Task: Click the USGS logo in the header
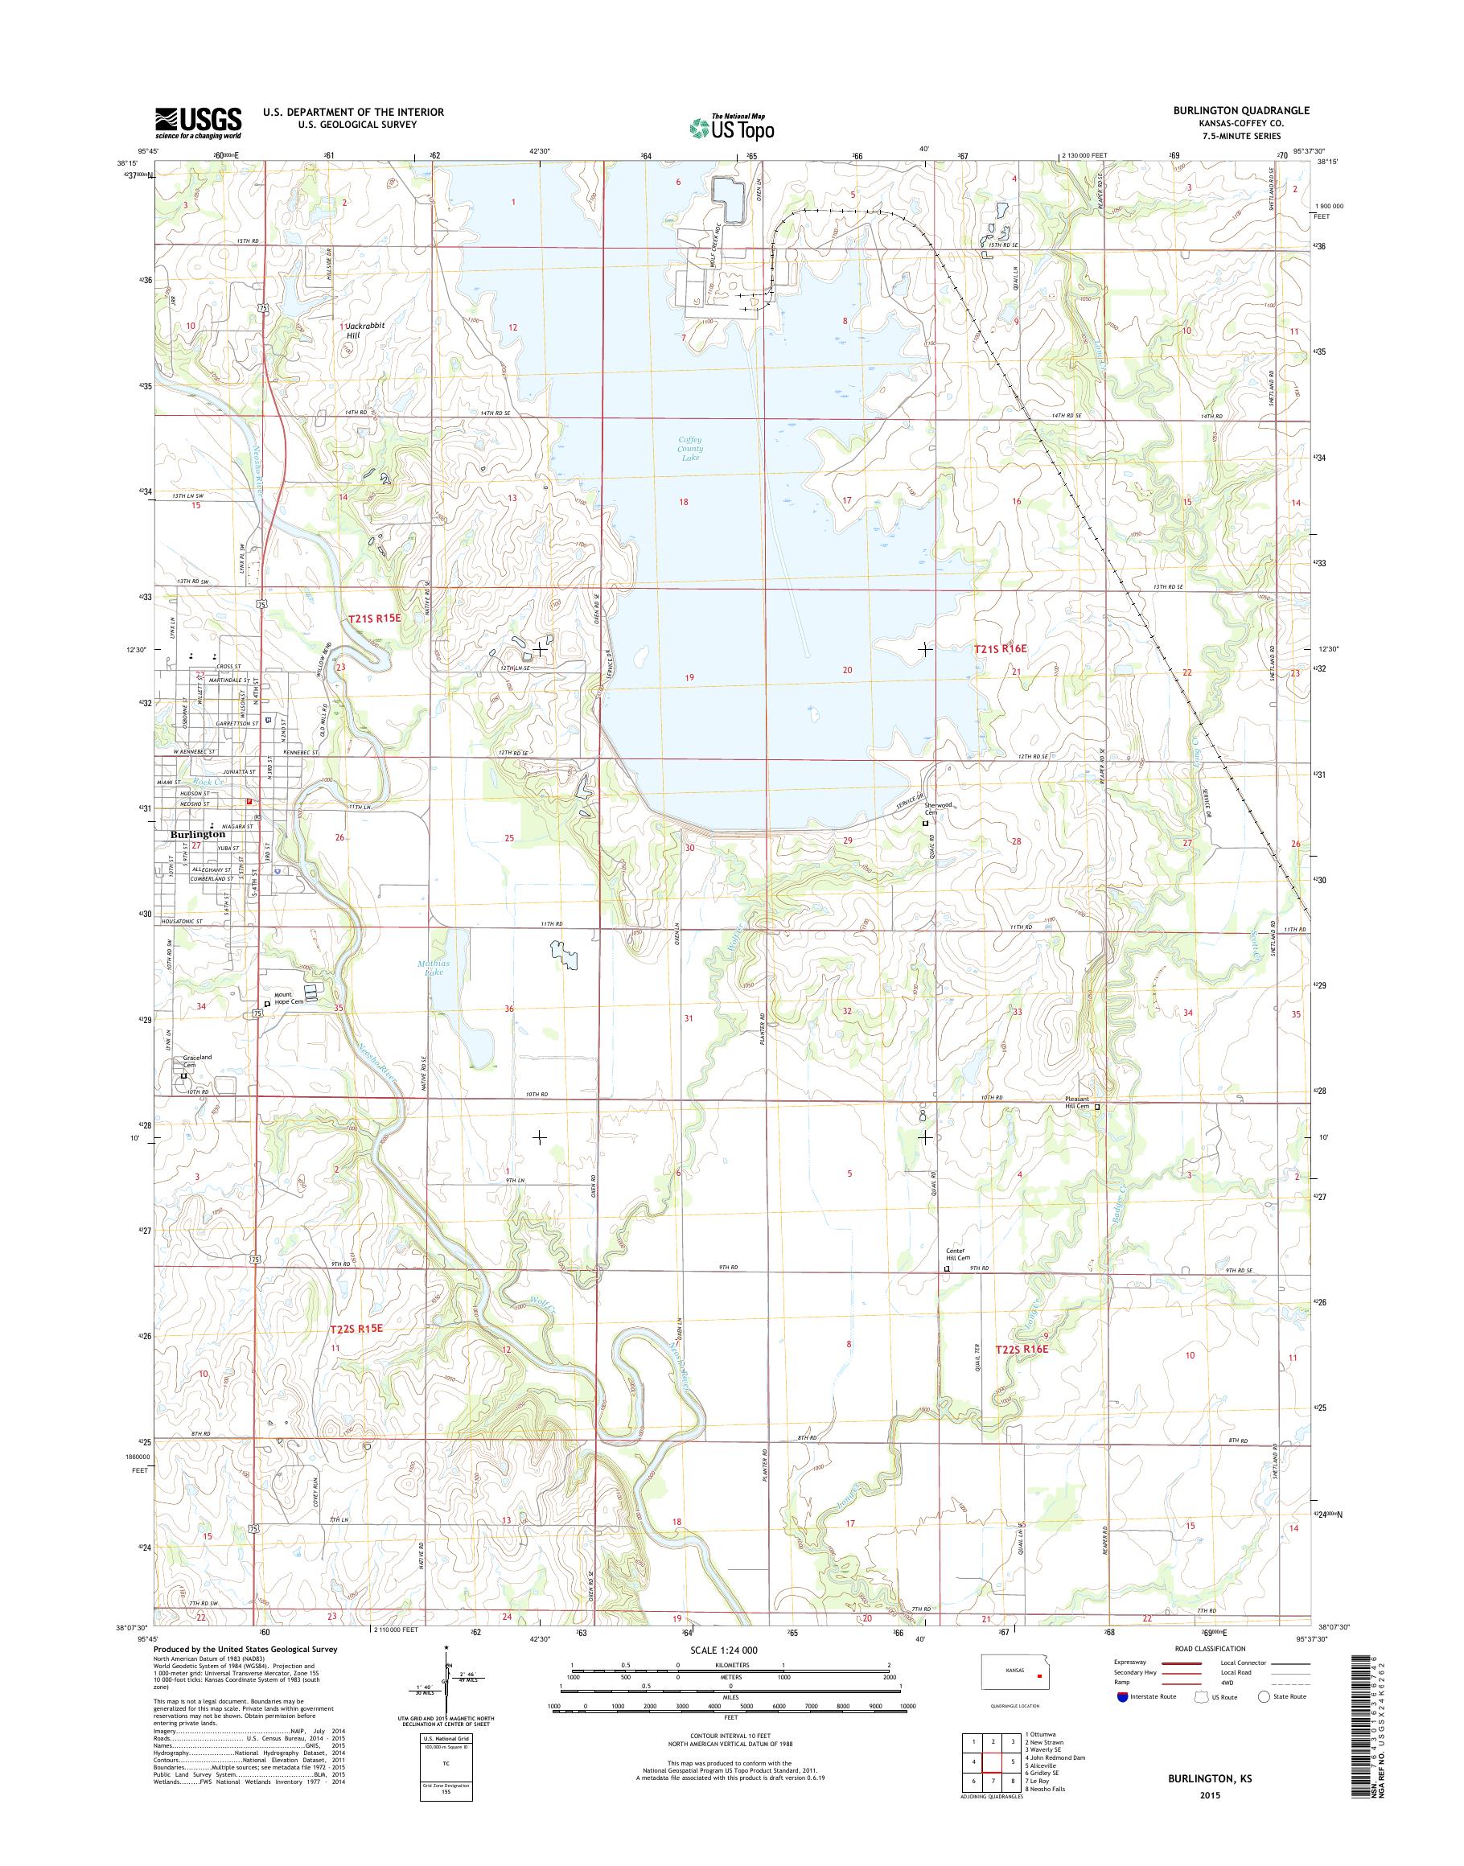tap(198, 122)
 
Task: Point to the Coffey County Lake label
tap(690, 448)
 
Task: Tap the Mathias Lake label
tap(433, 968)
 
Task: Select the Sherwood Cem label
tap(937, 808)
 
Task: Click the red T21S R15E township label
tap(374, 617)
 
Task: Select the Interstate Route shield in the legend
tap(1122, 1696)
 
